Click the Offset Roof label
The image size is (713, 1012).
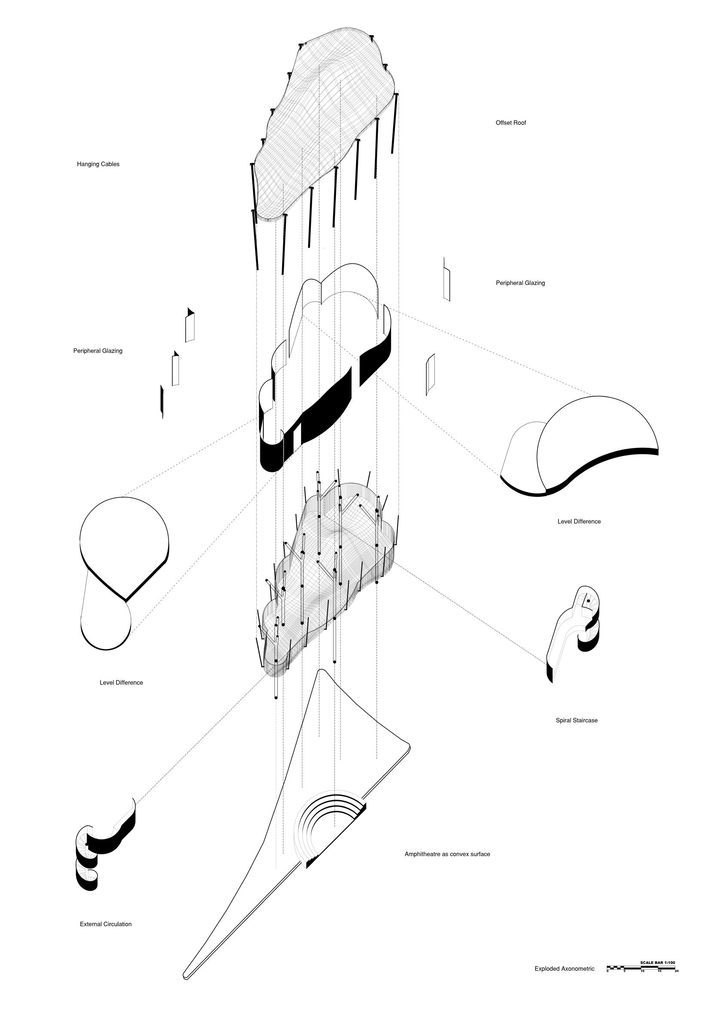(x=510, y=123)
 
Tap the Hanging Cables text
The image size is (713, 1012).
(x=98, y=165)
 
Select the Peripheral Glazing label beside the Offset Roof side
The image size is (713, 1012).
(x=520, y=283)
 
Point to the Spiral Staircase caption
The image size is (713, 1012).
(x=576, y=721)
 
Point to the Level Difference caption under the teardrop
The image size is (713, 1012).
(x=121, y=683)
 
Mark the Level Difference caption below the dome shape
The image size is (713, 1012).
(x=579, y=521)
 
